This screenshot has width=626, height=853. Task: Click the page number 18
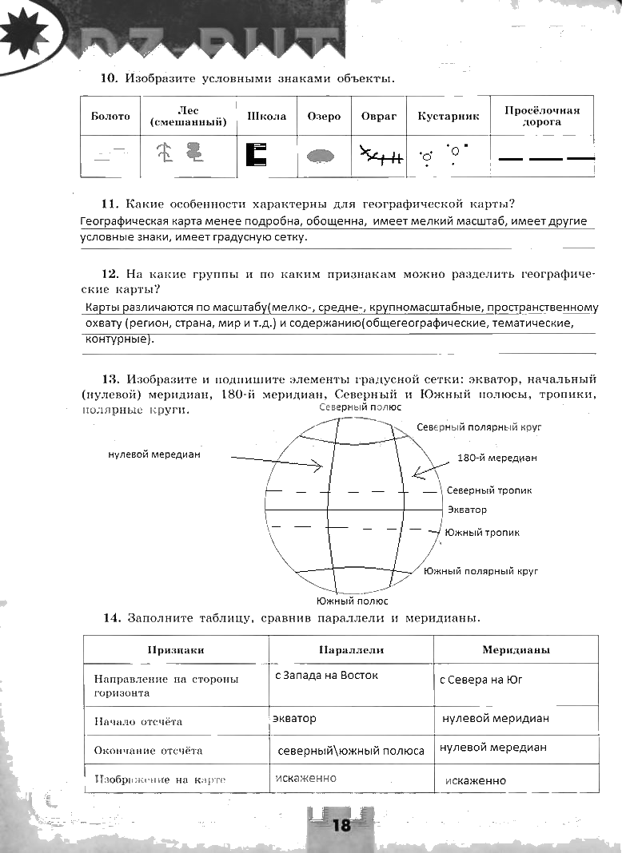(x=341, y=826)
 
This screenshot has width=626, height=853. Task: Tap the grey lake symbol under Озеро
(x=321, y=155)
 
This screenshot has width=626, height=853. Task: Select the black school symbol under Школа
(x=256, y=153)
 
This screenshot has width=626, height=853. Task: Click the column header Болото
(x=110, y=117)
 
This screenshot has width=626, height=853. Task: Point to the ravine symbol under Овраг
(x=380, y=156)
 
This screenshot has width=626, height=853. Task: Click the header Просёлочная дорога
(x=541, y=116)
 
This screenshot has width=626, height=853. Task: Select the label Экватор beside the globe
(x=467, y=509)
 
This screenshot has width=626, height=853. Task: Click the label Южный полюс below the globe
(x=353, y=601)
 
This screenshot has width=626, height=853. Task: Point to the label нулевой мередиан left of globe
(x=154, y=454)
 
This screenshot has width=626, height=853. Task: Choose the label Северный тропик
(x=489, y=490)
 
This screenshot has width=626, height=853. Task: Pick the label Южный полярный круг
(x=480, y=571)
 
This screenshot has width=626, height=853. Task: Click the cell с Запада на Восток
(x=326, y=676)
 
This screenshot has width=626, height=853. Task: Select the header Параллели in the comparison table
(x=351, y=649)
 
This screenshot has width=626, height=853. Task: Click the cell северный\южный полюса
(x=350, y=751)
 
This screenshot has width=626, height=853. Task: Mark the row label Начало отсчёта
(x=138, y=721)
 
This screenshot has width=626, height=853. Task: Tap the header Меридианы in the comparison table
(x=516, y=649)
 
